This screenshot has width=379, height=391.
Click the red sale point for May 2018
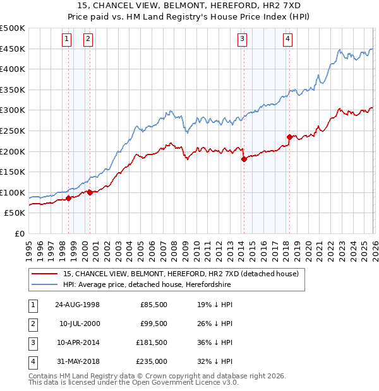point(289,137)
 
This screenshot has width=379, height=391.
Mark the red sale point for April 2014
point(243,159)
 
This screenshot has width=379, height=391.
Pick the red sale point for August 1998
point(68,198)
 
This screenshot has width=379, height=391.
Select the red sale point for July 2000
point(90,192)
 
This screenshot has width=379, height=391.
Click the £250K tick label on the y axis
point(13,131)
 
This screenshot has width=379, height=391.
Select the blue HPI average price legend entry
point(147,285)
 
